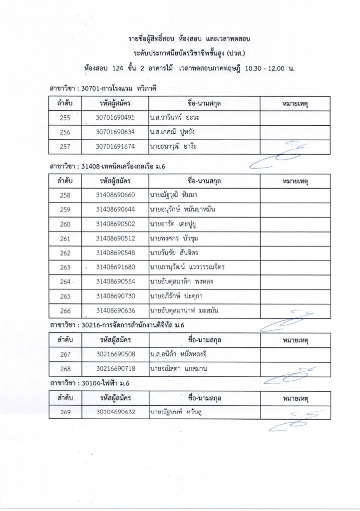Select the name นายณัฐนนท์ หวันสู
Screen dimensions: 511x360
177,413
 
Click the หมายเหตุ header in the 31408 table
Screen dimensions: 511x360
294,180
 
